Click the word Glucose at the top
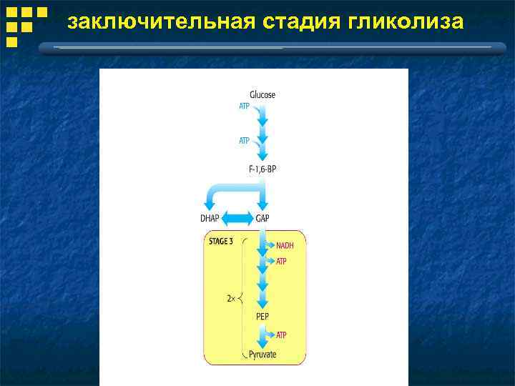click(x=263, y=95)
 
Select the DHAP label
click(x=211, y=218)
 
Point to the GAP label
click(x=263, y=218)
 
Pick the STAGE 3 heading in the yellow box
click(x=220, y=242)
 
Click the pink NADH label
click(x=285, y=246)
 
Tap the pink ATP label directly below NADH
click(x=281, y=262)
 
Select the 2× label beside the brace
click(x=231, y=298)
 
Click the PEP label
click(x=263, y=315)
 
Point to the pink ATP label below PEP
click(x=281, y=335)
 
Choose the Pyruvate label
click(x=263, y=354)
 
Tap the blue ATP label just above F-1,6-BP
click(x=245, y=141)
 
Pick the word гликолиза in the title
click(x=406, y=24)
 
